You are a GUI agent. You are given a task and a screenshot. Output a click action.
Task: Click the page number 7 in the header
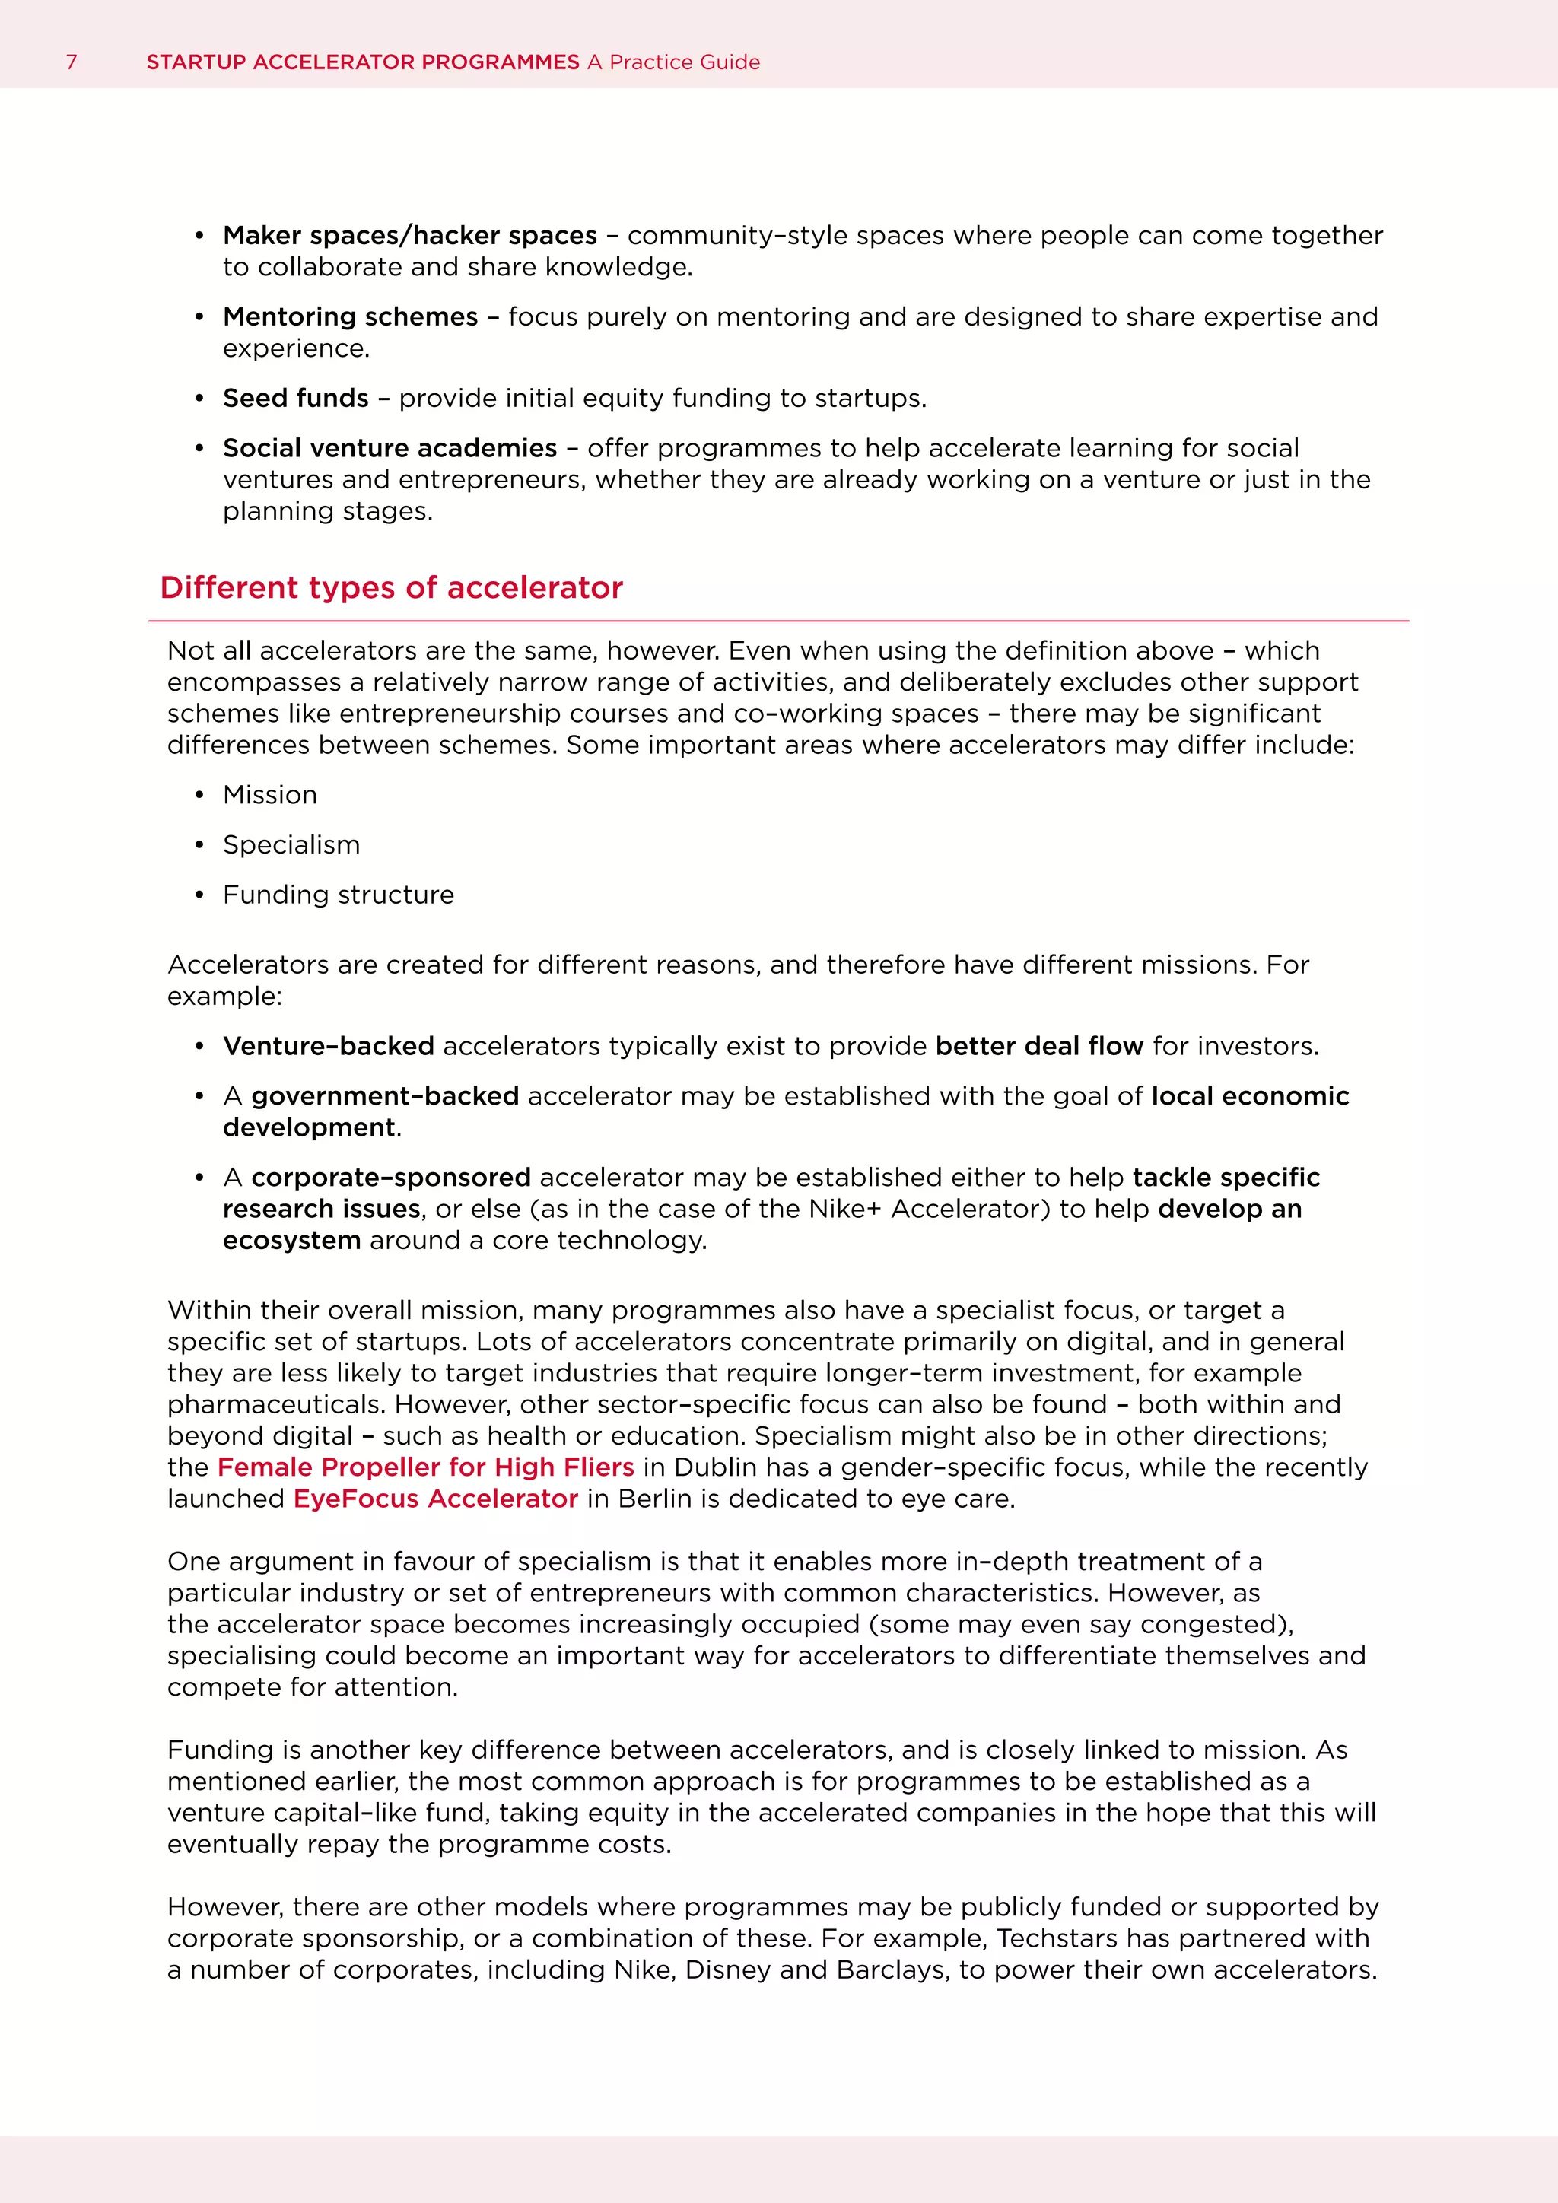(x=71, y=62)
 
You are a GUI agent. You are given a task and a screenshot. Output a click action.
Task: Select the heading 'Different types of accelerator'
(x=392, y=587)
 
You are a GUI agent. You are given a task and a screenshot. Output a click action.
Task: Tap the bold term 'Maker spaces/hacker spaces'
(x=409, y=235)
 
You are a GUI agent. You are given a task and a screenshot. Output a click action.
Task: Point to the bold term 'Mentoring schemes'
(x=350, y=316)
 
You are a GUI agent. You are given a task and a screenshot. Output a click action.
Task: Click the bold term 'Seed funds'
(x=295, y=398)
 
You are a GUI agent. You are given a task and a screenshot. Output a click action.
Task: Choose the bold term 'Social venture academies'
(x=389, y=448)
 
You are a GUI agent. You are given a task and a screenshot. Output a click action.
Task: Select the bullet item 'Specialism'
(x=291, y=844)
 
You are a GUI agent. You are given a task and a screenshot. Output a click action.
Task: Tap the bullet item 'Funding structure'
(x=339, y=895)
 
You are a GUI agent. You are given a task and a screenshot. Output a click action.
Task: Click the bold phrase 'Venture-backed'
(x=328, y=1046)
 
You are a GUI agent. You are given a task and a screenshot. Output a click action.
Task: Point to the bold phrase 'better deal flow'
(x=1039, y=1046)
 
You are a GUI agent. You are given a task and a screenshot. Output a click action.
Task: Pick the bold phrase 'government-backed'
(x=385, y=1095)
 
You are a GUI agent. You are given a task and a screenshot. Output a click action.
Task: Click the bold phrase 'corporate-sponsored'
(x=390, y=1178)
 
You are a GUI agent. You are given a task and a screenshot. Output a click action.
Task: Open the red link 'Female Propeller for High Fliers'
(x=426, y=1467)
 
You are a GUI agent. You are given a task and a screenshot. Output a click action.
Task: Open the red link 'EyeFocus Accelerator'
(x=436, y=1499)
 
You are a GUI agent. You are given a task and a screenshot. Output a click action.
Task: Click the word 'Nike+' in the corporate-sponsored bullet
(x=844, y=1209)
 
